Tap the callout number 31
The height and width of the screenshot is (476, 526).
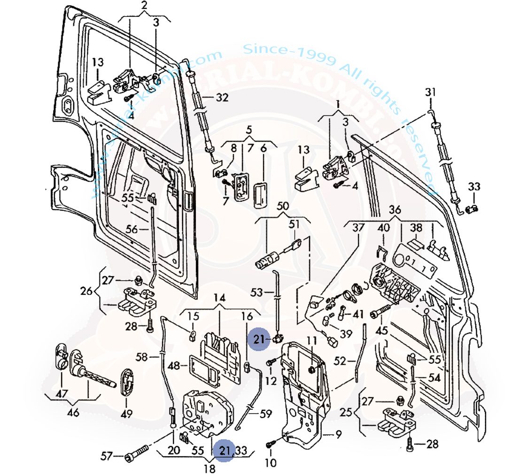click(431, 91)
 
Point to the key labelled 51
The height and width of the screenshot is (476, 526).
click(294, 245)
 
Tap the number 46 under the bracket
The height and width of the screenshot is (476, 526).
click(73, 413)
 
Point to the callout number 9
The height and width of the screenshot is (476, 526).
click(339, 434)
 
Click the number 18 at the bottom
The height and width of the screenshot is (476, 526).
click(209, 468)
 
